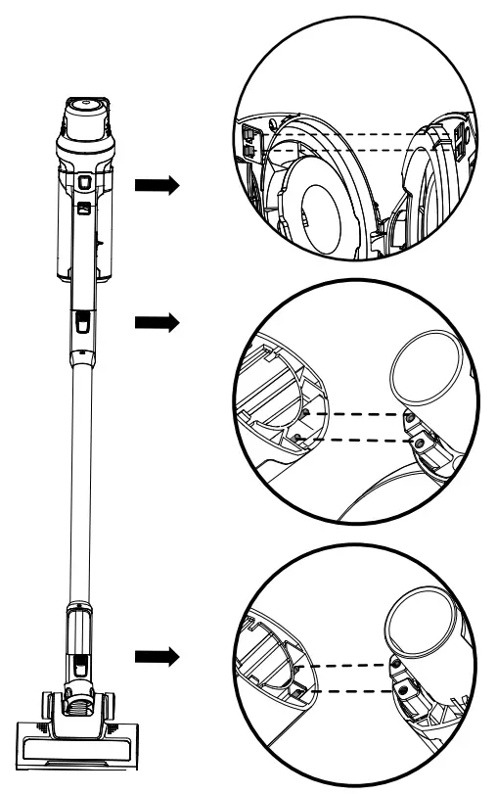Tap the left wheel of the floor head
47,705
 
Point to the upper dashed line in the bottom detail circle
352,667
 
